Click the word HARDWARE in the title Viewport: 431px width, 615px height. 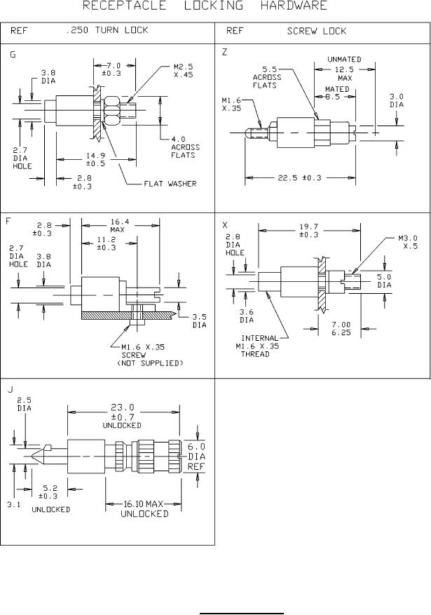point(294,6)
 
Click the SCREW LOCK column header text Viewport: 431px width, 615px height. point(317,31)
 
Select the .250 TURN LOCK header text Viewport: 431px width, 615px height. point(107,30)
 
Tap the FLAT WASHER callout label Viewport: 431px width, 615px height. point(170,184)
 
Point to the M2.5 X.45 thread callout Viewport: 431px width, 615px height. point(184,71)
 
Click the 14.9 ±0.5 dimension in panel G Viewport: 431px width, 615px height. point(95,160)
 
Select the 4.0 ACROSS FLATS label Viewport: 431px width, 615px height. point(185,147)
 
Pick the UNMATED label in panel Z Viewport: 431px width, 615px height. point(344,59)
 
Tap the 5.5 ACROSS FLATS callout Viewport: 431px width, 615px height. point(267,77)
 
